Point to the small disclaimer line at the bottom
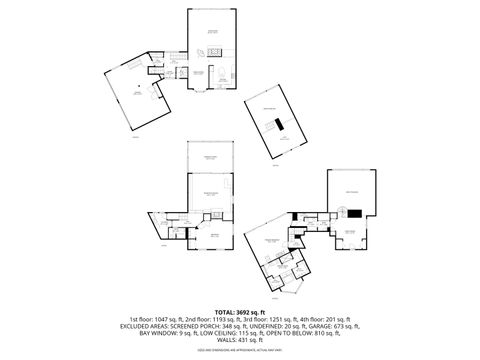(239, 352)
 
